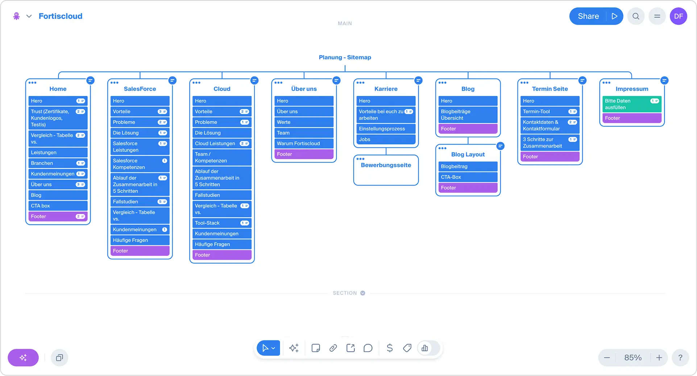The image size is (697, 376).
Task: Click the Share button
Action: click(x=588, y=16)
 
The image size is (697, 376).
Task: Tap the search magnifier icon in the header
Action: click(x=636, y=16)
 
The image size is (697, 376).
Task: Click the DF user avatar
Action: click(x=678, y=16)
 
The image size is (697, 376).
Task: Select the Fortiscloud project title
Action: click(x=61, y=16)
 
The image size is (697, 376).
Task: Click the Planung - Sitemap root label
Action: click(x=345, y=57)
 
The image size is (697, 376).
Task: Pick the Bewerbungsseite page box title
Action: click(x=386, y=165)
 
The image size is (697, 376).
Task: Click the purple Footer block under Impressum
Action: click(x=631, y=118)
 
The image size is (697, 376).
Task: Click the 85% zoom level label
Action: click(x=632, y=358)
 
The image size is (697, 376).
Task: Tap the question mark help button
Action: click(x=680, y=358)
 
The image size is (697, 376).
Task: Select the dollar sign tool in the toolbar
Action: click(x=390, y=348)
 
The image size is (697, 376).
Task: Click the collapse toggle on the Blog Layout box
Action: click(x=500, y=146)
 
